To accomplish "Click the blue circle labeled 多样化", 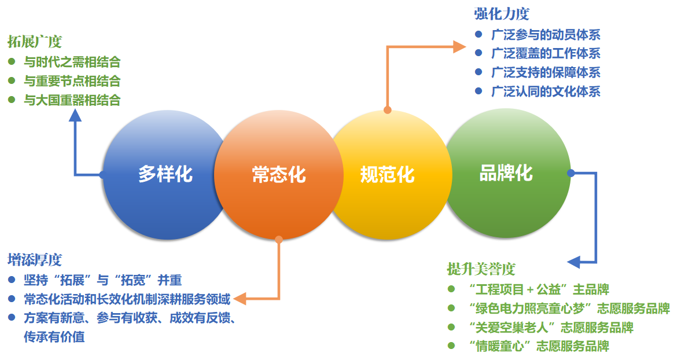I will pyautogui.click(x=165, y=174).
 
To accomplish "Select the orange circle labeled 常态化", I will pyautogui.click(x=278, y=174).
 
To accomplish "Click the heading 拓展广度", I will pyautogui.click(x=35, y=42).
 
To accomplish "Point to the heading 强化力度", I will pyautogui.click(x=501, y=14).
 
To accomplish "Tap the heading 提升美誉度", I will pyautogui.click(x=481, y=269).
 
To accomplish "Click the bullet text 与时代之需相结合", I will pyautogui.click(x=72, y=61).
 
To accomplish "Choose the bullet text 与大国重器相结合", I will pyautogui.click(x=72, y=100).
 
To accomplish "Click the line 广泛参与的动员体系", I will pyautogui.click(x=545, y=34).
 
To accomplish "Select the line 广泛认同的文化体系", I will pyautogui.click(x=545, y=91).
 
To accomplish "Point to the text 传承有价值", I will pyautogui.click(x=54, y=336).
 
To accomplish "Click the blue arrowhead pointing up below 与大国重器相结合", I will pyautogui.click(x=75, y=115).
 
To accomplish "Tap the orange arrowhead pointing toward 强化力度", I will pyautogui.click(x=459, y=47).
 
